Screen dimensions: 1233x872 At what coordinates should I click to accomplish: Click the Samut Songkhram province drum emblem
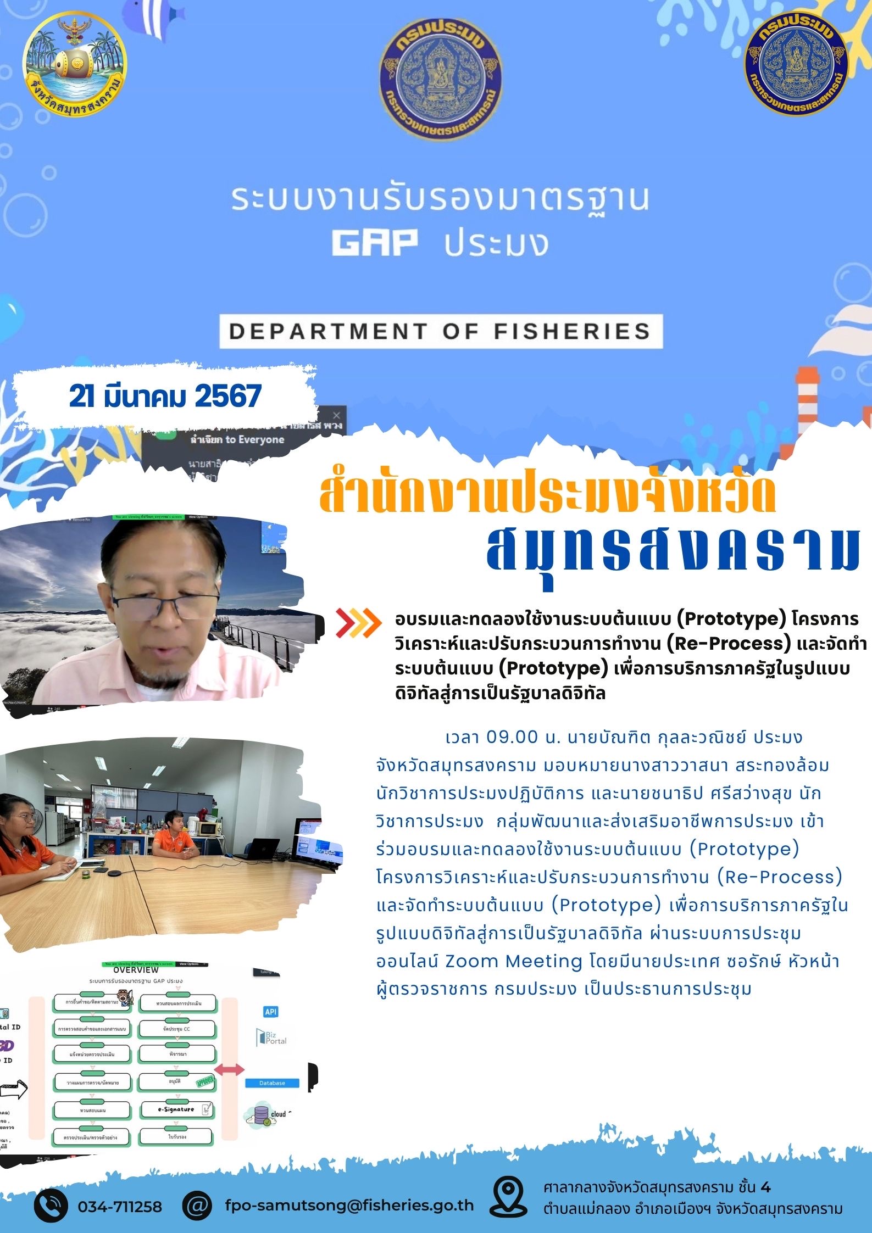pos(75,66)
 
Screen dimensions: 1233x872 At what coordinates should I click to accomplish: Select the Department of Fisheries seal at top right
pos(796,65)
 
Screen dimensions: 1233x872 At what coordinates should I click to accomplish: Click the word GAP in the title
pos(375,243)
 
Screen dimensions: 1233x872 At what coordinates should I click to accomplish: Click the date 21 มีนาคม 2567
pos(165,396)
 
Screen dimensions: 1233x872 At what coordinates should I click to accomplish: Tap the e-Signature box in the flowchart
pos(177,1109)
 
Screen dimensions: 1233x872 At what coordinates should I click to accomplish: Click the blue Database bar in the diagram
pos(272,1083)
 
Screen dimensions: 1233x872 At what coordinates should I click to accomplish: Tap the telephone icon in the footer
pos(51,1206)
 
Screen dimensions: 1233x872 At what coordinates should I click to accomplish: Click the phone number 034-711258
pos(120,1207)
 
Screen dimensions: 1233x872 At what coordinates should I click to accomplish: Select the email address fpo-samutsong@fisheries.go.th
pos(349,1206)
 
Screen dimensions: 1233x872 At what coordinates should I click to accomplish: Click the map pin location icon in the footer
pos(508,1197)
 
